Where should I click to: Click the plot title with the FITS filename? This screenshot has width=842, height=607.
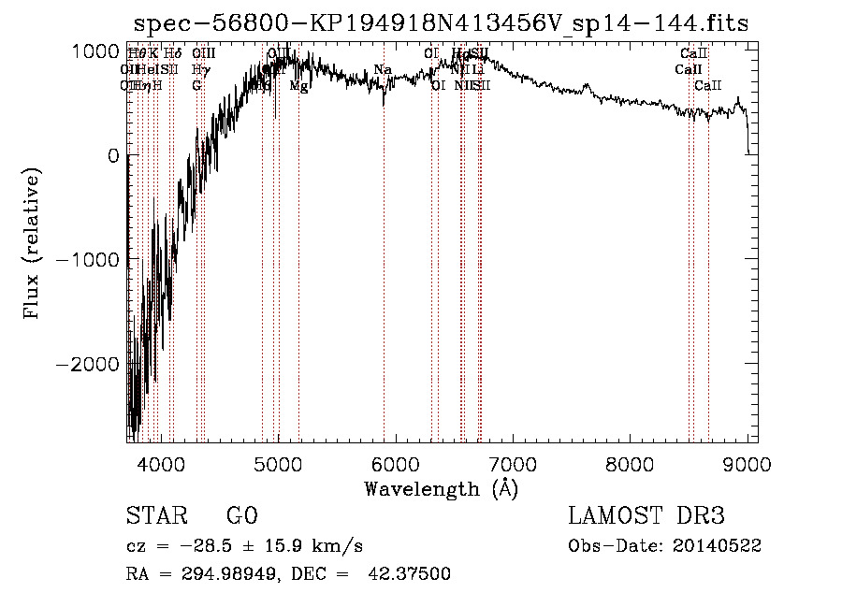[x=441, y=22]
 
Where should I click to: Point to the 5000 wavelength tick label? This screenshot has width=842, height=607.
[x=278, y=463]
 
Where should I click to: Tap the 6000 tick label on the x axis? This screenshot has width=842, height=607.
[x=396, y=463]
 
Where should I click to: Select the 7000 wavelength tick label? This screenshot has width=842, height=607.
[x=513, y=463]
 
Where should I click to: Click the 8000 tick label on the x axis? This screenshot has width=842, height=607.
[x=630, y=463]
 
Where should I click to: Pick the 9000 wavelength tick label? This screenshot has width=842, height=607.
[x=747, y=463]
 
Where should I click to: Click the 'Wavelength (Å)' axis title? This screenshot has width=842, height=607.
[x=441, y=488]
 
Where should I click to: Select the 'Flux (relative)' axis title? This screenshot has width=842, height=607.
[x=33, y=245]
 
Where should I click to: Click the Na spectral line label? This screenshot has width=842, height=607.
[x=382, y=70]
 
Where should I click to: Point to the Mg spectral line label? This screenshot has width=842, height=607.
[x=298, y=86]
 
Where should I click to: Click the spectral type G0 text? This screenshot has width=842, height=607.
[x=241, y=516]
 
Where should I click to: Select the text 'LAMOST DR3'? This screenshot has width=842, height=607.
[x=646, y=516]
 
